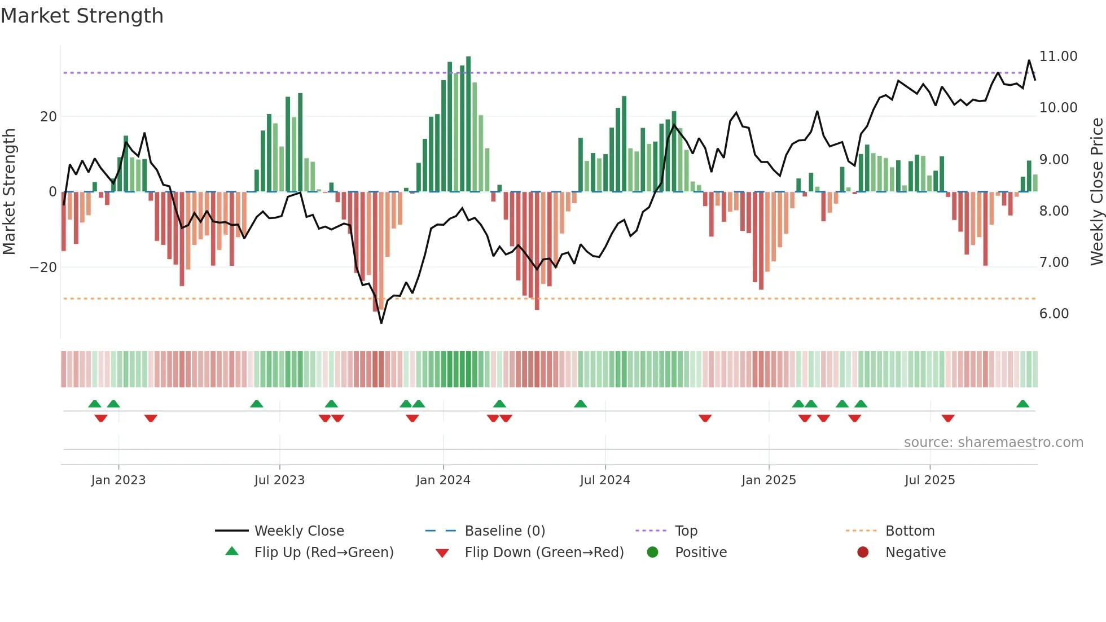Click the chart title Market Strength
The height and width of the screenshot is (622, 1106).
(82, 16)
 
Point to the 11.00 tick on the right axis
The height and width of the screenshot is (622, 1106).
(1058, 56)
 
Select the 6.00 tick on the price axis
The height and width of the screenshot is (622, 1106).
(1054, 314)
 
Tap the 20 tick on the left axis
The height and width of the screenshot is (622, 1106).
(49, 117)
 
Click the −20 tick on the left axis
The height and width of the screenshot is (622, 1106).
(43, 268)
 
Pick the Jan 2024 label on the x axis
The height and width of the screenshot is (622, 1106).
(443, 480)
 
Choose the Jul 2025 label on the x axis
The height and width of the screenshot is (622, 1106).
(929, 480)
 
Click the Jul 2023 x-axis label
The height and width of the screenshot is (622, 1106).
(279, 480)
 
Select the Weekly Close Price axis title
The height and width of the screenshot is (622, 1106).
(1096, 192)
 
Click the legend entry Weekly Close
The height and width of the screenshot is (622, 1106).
(299, 531)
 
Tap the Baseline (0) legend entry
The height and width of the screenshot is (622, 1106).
(504, 531)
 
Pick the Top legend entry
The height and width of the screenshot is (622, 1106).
(686, 531)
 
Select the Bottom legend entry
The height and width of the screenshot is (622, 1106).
(910, 531)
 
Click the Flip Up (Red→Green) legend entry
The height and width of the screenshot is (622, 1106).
(323, 553)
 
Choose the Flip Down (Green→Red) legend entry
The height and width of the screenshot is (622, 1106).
(544, 553)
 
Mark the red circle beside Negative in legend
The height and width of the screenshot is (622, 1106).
(863, 553)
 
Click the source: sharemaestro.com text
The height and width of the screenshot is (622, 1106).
(993, 443)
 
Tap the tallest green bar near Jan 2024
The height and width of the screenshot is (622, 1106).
(468, 124)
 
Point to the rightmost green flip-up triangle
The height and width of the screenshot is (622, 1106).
(1022, 404)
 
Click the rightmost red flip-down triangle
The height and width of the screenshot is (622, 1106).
(948, 418)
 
